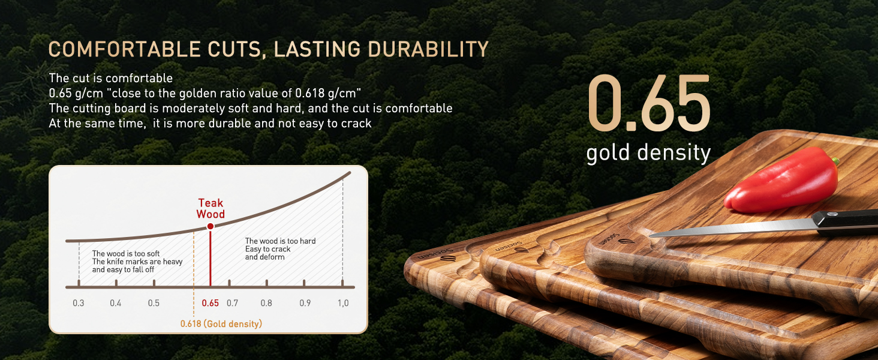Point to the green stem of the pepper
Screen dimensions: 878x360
835,161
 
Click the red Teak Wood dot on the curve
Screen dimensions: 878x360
211,226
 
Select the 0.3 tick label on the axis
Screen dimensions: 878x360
79,303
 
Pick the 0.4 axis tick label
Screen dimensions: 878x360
116,303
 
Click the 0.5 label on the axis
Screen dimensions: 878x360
154,303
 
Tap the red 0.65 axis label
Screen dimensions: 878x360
210,303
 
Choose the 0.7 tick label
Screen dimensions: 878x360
233,303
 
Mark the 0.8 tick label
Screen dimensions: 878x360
266,303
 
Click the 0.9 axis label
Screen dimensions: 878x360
305,303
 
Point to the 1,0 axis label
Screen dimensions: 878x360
344,303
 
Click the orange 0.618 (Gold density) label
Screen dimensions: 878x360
221,324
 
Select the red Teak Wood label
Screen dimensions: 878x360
211,209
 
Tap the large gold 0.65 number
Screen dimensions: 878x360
649,103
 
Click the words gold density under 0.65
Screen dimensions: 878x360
649,152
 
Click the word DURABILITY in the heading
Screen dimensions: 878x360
428,49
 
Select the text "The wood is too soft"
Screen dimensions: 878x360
126,254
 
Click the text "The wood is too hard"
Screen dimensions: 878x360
280,241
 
